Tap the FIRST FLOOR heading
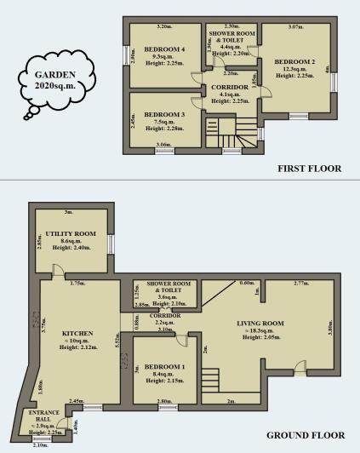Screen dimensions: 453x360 click(x=309, y=169)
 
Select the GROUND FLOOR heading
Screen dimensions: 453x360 click(x=304, y=435)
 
